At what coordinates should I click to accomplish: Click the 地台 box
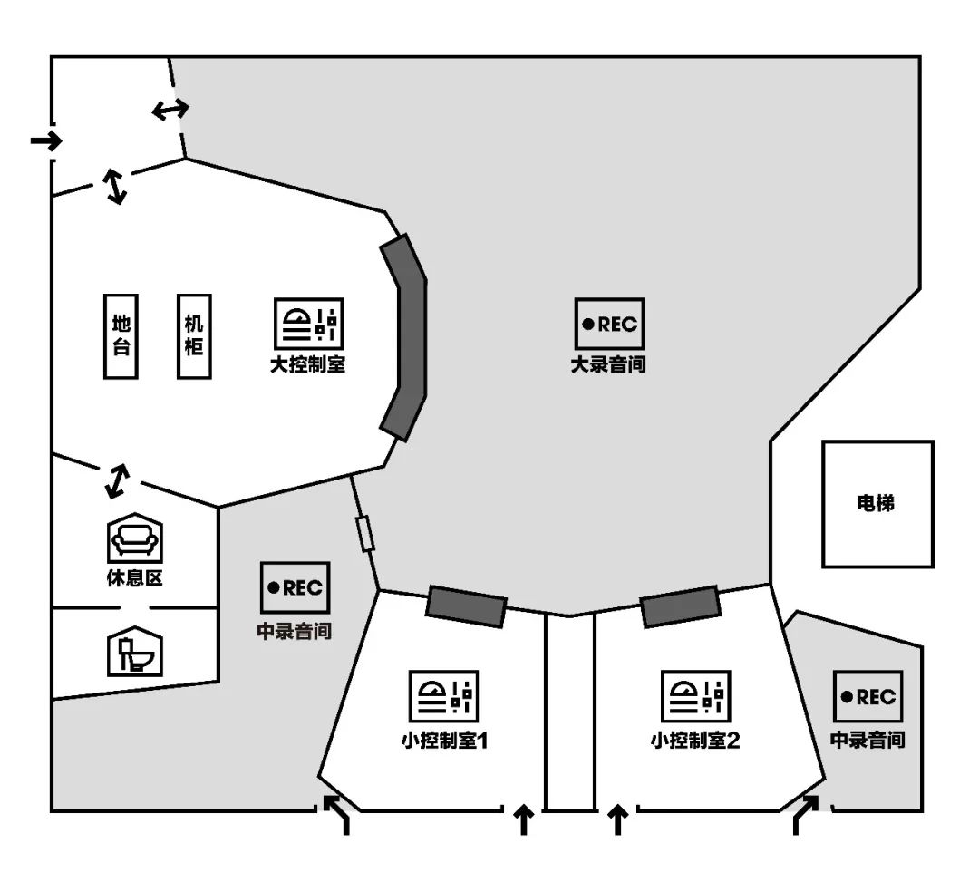tap(121, 336)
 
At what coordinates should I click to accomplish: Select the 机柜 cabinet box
tap(194, 336)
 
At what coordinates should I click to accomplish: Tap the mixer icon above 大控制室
tap(309, 324)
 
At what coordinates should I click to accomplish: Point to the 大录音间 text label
tap(608, 364)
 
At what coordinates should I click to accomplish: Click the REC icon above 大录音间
tap(609, 324)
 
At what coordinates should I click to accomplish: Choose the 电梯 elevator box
tap(877, 504)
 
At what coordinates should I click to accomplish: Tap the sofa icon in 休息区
tap(135, 538)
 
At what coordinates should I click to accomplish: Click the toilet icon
tap(135, 651)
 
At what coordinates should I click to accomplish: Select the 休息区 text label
tap(135, 578)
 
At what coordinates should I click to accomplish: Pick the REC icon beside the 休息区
tap(295, 587)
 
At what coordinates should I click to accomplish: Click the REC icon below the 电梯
tap(868, 696)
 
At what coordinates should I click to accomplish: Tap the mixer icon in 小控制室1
tap(444, 696)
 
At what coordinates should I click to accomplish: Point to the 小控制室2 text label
tap(695, 741)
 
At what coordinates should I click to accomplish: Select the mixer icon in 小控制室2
tap(696, 696)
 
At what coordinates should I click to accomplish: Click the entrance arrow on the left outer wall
tap(47, 140)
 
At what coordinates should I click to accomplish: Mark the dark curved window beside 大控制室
tap(404, 338)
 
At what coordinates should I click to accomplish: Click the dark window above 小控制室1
tap(467, 606)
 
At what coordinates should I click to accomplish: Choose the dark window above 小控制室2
tap(681, 606)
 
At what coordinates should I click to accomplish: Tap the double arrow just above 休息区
tap(117, 481)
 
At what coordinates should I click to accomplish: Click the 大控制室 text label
tap(308, 364)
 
